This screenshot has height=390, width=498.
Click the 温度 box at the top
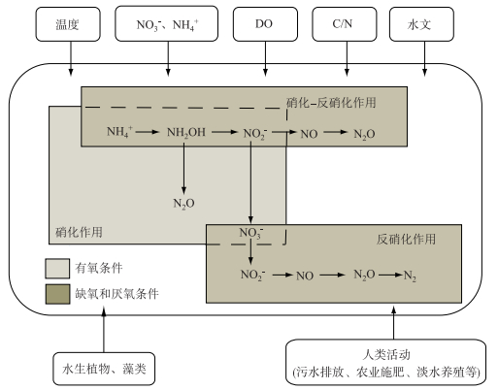[x=68, y=24]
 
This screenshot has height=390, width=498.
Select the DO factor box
[x=265, y=24]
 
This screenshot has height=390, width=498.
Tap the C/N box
[x=345, y=24]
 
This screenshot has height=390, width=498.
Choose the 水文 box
[x=421, y=24]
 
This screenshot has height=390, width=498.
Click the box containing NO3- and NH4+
[x=166, y=23]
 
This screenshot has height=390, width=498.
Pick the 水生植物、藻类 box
[x=104, y=369]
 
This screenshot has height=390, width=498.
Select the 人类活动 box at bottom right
[x=385, y=362]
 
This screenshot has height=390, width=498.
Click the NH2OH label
[x=186, y=133]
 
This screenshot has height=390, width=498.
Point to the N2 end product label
[x=410, y=276]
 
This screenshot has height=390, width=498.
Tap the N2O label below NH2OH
[x=183, y=204]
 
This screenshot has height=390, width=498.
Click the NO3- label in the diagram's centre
[x=251, y=233]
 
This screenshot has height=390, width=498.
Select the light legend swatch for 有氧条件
[x=57, y=269]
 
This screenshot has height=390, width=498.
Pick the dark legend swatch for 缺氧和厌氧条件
[x=57, y=294]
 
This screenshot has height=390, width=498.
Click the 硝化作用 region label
[x=79, y=232]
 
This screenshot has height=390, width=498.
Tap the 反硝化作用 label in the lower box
[x=406, y=240]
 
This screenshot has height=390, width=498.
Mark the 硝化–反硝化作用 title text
[x=331, y=103]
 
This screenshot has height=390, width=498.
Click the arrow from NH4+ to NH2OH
[x=148, y=132]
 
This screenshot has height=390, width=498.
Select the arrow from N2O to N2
[x=390, y=276]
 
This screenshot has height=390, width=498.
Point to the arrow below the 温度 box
[x=71, y=58]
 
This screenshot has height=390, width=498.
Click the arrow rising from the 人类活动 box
[x=393, y=323]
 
